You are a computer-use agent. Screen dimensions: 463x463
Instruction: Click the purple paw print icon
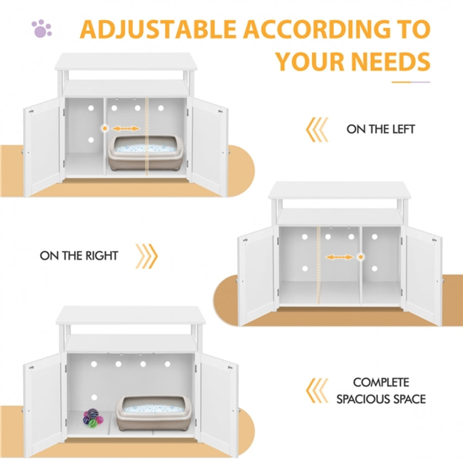[42, 29]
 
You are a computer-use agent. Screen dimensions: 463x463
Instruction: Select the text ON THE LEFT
[381, 129]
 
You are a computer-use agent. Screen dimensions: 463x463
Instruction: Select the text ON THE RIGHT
[79, 256]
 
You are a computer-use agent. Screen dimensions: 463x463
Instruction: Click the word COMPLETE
[381, 383]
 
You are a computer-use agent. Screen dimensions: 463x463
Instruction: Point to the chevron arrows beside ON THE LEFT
[318, 129]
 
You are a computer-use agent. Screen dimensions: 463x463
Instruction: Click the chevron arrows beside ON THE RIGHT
[146, 256]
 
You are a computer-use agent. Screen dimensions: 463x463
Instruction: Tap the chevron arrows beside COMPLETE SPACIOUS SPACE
[318, 391]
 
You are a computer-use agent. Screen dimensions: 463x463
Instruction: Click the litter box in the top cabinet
[145, 152]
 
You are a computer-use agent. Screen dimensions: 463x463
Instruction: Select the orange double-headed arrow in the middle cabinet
[339, 257]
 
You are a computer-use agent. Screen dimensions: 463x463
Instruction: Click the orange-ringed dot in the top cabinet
[106, 127]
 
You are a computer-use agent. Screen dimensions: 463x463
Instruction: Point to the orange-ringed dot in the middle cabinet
[361, 257]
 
